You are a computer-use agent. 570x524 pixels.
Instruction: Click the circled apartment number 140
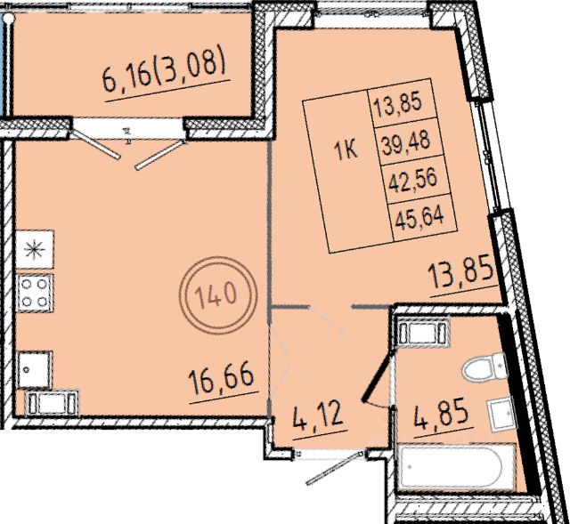[x=217, y=295]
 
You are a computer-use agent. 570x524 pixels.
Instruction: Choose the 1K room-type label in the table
[x=346, y=150]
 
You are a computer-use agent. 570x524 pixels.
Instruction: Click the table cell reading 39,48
[x=406, y=141]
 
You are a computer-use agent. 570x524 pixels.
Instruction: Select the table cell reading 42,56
[x=412, y=179]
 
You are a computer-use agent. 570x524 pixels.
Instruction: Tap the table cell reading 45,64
[x=419, y=216]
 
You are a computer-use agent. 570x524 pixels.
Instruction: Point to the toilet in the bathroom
[x=484, y=366]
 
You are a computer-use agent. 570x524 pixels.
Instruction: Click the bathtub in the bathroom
[x=457, y=468]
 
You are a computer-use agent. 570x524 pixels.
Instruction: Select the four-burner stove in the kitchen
[x=35, y=293]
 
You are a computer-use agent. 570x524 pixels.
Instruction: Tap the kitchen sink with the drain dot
[x=34, y=369]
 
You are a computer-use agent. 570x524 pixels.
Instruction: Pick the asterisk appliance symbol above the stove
[x=35, y=249]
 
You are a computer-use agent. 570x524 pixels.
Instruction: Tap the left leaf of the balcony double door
[x=95, y=144]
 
